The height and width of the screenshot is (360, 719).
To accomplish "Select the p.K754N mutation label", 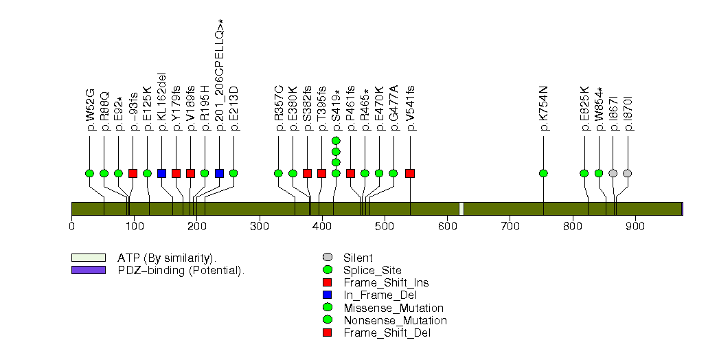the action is click(x=544, y=109).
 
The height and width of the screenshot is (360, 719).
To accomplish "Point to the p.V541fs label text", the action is click(x=411, y=109).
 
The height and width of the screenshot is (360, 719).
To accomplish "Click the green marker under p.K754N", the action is click(x=543, y=173).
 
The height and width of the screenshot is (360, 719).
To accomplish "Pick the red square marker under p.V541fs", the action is click(x=411, y=173).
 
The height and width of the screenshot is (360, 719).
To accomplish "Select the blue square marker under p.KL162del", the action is click(x=161, y=173).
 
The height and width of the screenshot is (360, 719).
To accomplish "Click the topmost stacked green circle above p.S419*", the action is click(x=336, y=140).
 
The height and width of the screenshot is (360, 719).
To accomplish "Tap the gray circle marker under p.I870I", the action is click(x=628, y=173).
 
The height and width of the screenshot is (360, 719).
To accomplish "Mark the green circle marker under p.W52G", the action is click(x=89, y=173).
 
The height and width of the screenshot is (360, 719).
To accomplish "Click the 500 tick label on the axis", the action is click(x=385, y=227).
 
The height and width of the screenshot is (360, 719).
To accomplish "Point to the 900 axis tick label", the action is click(x=635, y=227).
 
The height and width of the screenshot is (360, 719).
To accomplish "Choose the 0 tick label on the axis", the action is click(x=72, y=227).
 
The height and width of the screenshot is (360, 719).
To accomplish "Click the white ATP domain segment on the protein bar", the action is click(x=461, y=209).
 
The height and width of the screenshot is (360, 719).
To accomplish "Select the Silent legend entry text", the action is click(x=358, y=258).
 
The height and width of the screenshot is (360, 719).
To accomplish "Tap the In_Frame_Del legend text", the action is click(x=380, y=295).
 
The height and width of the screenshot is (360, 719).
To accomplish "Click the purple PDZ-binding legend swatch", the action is click(x=89, y=270).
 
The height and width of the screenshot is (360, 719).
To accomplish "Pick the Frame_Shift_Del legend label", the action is click(x=387, y=333).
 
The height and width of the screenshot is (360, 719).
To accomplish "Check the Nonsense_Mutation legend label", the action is click(x=396, y=321).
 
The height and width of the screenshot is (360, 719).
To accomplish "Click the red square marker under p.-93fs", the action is click(x=133, y=173).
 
